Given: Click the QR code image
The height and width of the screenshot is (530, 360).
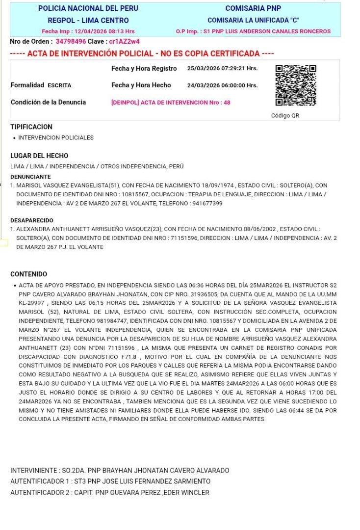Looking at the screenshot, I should [x=296, y=85].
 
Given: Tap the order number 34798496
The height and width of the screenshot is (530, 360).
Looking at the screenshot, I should [x=71, y=42].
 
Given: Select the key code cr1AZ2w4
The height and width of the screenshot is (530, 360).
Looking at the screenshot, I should [x=124, y=42].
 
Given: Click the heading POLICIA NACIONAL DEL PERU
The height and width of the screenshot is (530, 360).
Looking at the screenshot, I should [x=88, y=8].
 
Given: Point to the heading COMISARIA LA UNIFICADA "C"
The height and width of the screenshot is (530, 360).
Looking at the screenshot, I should [x=253, y=20].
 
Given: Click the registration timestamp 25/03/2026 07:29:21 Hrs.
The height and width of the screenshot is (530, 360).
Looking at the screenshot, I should [x=222, y=68].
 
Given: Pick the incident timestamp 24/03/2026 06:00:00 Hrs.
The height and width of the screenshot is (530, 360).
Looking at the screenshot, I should [x=222, y=85].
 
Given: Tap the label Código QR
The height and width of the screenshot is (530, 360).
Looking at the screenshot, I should [x=285, y=116].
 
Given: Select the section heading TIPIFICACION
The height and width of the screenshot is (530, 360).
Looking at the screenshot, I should [x=31, y=127].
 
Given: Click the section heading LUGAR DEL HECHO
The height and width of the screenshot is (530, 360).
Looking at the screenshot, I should [x=39, y=156].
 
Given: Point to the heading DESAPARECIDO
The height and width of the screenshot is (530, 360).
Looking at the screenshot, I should [x=32, y=220].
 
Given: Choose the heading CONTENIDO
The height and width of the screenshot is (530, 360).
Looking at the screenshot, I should [x=29, y=274].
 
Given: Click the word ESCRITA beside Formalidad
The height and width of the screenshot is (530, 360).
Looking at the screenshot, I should [x=59, y=85].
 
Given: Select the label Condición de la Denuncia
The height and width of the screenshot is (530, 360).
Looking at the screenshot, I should [x=48, y=103].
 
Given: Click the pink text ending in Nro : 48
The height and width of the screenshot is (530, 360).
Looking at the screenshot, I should [x=171, y=103].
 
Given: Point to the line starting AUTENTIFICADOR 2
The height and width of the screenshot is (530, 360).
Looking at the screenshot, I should [x=110, y=492].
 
